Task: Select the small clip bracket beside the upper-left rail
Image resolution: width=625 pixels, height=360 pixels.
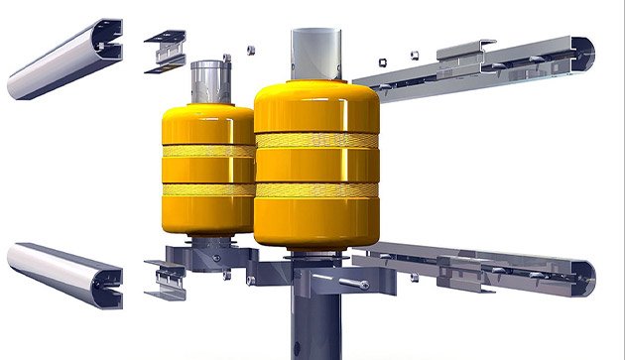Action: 164,52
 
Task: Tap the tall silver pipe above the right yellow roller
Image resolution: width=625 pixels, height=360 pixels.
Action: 316,55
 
